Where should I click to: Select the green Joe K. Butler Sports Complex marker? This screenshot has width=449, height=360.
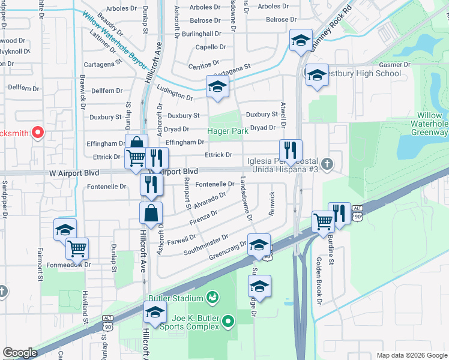coord(228,322)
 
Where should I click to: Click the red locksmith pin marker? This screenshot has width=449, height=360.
coord(38,132)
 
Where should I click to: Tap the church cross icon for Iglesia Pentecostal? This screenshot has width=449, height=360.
coord(327,163)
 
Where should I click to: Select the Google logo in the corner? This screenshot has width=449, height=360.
coord(20,353)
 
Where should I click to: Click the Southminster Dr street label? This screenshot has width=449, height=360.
coord(206,244)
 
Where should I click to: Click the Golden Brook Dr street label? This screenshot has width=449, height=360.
coord(318,281)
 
